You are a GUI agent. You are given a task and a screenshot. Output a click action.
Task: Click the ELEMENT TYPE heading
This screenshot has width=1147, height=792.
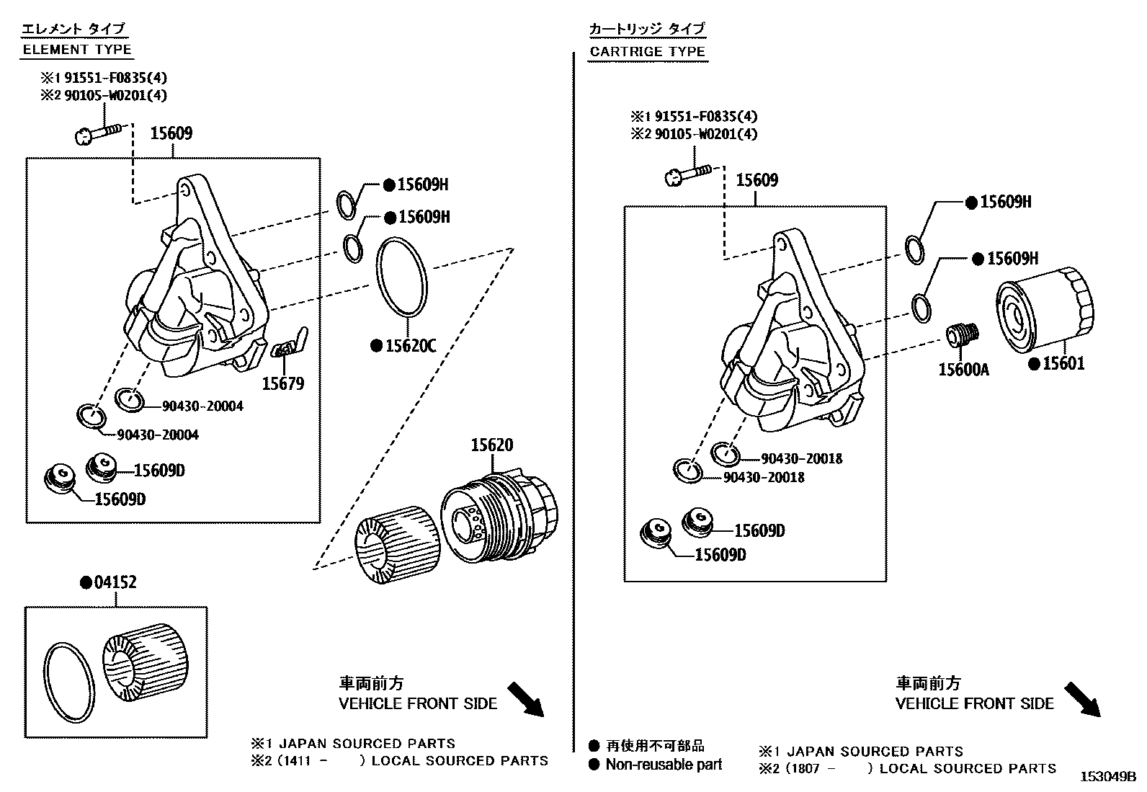(x=77, y=50)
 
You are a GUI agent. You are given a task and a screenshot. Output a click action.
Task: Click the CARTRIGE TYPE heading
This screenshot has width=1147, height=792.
(x=647, y=51)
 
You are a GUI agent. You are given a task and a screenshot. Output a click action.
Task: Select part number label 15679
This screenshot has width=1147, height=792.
(x=282, y=383)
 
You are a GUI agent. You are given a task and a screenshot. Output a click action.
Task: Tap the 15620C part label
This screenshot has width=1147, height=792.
(x=410, y=346)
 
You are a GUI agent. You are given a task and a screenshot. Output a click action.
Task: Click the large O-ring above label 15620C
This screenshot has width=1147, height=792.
(x=403, y=277)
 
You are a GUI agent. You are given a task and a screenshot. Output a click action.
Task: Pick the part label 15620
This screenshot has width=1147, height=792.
(x=492, y=445)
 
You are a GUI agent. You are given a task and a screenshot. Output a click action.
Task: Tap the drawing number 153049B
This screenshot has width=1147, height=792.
(x=1107, y=777)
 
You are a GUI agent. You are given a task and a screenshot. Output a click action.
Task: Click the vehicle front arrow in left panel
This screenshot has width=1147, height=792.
(x=525, y=700)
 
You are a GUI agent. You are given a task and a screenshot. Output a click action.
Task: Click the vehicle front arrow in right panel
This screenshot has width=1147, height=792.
(x=1082, y=700)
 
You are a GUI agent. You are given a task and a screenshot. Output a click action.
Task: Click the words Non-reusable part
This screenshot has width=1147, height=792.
(x=663, y=765)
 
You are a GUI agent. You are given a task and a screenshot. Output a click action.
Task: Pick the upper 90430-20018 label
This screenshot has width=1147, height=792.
(x=801, y=458)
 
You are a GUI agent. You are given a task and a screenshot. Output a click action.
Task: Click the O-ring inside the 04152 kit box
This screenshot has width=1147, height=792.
(x=69, y=682)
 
